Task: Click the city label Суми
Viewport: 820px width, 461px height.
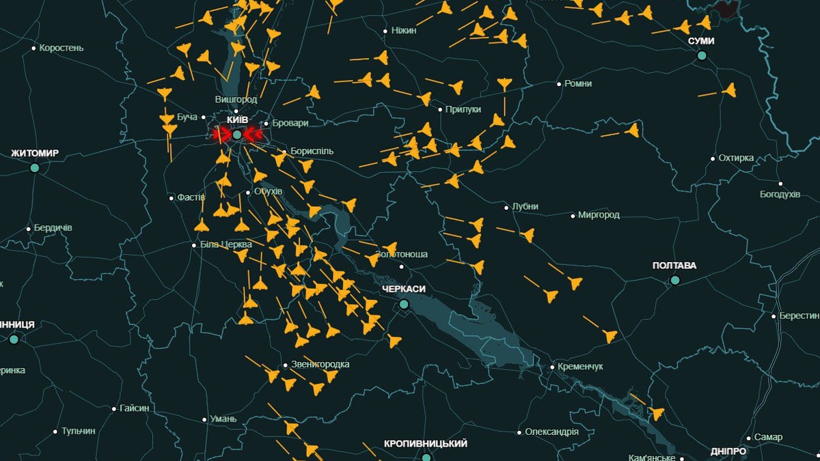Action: (x=701, y=41)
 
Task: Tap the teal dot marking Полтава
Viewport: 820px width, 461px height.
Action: (x=675, y=280)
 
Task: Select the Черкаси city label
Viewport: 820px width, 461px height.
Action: (x=404, y=289)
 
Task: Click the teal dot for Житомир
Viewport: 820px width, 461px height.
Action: (x=35, y=167)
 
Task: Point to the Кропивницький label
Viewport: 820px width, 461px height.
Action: (x=426, y=444)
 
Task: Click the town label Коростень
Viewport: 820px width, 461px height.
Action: (x=61, y=48)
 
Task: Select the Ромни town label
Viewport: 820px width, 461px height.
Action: (x=578, y=83)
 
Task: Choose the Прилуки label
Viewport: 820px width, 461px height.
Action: (x=463, y=109)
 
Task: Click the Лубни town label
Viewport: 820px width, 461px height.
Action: (x=525, y=206)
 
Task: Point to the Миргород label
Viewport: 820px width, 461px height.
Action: (x=599, y=214)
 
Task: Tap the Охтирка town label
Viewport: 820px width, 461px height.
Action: (x=736, y=158)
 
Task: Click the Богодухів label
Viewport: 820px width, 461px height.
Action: (x=780, y=194)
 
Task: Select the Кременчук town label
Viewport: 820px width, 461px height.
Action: (x=580, y=367)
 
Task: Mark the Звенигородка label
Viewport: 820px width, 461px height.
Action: (x=320, y=364)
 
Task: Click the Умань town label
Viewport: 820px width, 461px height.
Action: (x=223, y=419)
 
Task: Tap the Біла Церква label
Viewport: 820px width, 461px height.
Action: (x=226, y=245)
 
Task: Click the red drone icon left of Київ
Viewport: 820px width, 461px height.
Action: (x=220, y=135)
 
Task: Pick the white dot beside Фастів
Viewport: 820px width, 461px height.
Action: (x=172, y=198)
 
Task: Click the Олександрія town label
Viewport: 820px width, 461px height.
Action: (x=551, y=432)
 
